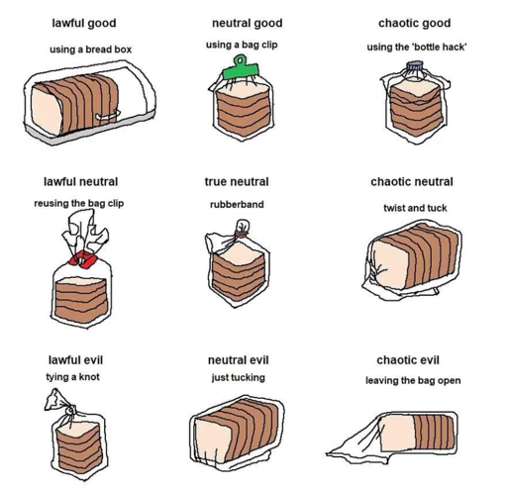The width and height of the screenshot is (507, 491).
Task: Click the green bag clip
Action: [242, 70]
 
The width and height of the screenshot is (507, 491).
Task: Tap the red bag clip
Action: [82, 258]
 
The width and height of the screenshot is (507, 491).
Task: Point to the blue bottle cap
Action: [415, 66]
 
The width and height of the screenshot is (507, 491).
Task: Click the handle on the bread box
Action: [108, 115]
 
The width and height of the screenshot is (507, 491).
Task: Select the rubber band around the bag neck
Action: [241, 236]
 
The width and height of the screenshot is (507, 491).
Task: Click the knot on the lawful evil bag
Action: [70, 411]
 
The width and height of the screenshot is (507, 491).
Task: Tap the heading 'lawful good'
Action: [84, 23]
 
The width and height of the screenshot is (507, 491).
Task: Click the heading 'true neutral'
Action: [237, 181]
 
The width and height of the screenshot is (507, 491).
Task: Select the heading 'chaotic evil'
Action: [408, 359]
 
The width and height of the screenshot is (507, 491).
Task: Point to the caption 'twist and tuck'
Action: [415, 208]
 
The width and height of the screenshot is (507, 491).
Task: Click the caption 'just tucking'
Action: [239, 377]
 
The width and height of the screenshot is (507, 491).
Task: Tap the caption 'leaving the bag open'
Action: [413, 380]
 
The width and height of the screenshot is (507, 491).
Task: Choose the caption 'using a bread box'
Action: [90, 49]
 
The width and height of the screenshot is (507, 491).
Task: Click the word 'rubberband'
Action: [237, 204]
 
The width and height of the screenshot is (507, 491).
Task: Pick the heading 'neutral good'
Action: [248, 23]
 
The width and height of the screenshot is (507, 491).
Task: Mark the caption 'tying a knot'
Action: [72, 377]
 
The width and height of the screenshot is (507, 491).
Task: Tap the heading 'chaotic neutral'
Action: [412, 181]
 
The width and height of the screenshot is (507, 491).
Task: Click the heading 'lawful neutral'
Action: [80, 181]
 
